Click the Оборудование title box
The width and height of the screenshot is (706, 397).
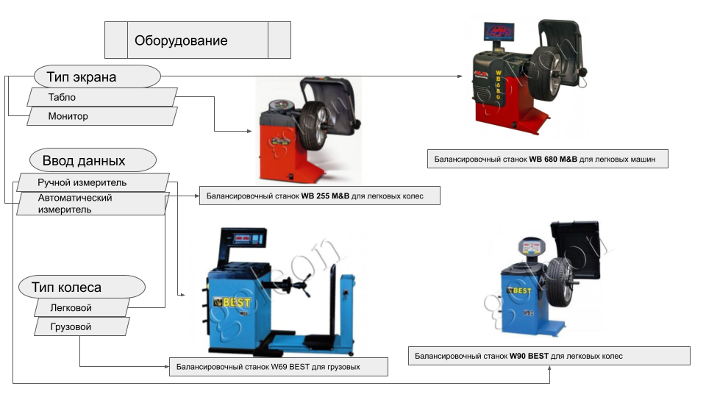pos(197,40)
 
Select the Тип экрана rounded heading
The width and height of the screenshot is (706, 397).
pos(97,76)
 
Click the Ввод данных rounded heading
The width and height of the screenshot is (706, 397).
pos(93,160)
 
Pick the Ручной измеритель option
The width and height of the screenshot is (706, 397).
pos(93,182)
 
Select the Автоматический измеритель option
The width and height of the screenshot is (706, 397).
pos(91,204)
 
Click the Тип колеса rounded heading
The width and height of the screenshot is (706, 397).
pos(82,287)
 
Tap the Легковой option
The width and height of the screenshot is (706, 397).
pos(82,307)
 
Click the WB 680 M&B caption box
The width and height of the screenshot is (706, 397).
pos(547,159)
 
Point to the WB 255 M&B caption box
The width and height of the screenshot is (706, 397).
pos(319,196)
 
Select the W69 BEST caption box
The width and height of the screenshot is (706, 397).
pos(277,366)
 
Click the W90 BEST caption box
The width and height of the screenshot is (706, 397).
pos(549,356)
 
